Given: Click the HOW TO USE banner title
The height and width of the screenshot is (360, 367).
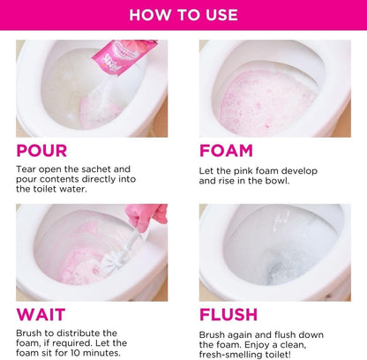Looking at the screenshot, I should pos(183,14).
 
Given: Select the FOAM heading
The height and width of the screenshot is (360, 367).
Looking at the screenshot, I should pos(226,151).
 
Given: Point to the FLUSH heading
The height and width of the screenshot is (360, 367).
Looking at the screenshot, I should pos(228,314).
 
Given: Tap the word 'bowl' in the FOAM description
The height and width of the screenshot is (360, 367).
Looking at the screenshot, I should pos(285,181).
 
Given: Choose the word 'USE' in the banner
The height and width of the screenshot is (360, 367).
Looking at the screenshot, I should pos(219,14).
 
